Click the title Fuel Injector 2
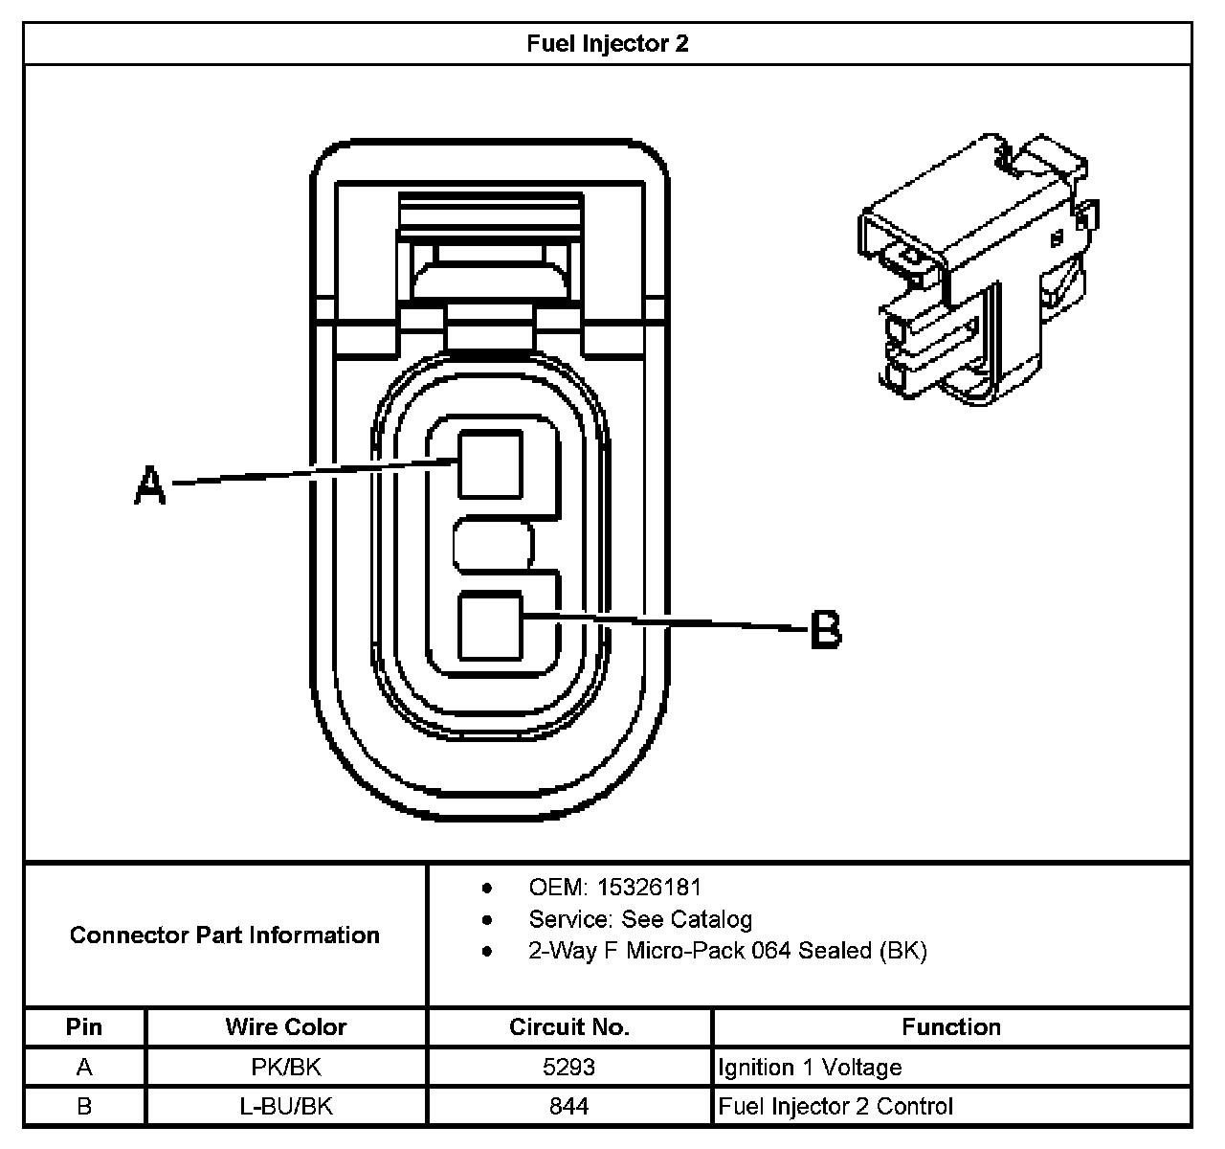tap(608, 44)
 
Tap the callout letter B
tap(826, 630)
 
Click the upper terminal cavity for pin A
tap(491, 464)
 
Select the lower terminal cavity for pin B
tap(491, 626)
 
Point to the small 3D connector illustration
tap(978, 271)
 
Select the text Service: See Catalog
tap(640, 919)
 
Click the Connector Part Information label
tap(225, 935)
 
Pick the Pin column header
tap(84, 1027)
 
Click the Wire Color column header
tap(286, 1027)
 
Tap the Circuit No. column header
tap(569, 1027)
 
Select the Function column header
tap(951, 1027)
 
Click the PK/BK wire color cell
tap(286, 1067)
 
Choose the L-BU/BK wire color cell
tap(286, 1106)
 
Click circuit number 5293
tap(569, 1067)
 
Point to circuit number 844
tap(569, 1106)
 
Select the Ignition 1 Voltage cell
tap(810, 1067)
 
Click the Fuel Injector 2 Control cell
tap(835, 1106)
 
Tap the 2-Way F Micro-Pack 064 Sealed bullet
tap(727, 951)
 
